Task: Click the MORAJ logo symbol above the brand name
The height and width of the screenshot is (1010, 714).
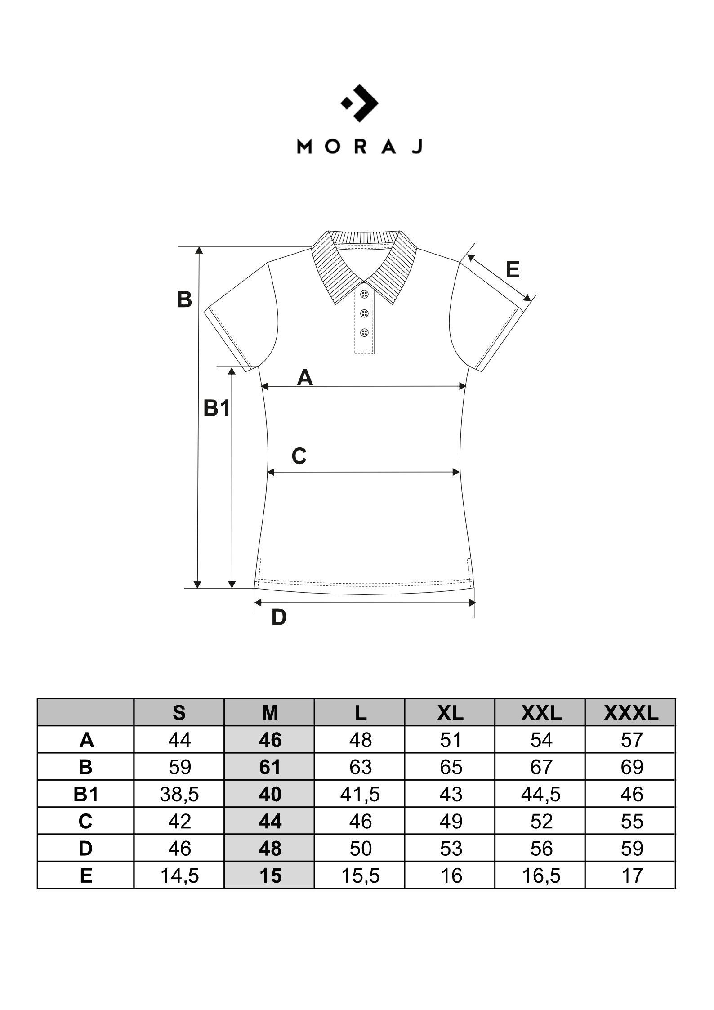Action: pos(359,103)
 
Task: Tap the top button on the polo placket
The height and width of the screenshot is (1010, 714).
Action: pos(364,294)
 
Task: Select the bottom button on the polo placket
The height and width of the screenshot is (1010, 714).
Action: pos(364,333)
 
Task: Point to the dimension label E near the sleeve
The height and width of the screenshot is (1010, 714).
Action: pos(513,270)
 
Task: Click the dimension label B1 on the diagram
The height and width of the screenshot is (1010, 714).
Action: pos(217,408)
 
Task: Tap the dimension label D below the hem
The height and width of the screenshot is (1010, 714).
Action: pos(279,618)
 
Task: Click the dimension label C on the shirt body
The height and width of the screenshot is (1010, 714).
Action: pos(299,456)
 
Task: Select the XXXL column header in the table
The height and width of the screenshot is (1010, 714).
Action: pos(631,713)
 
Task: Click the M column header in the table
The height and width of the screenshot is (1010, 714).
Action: pos(270,713)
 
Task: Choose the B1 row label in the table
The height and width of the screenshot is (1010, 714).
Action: pos(85,795)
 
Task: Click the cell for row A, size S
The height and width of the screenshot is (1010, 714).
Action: pos(179,740)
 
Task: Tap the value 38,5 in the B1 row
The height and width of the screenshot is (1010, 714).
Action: pos(179,795)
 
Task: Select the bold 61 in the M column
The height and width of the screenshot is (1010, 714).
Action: pos(270,767)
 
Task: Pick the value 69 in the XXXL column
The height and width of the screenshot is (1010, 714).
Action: pos(631,767)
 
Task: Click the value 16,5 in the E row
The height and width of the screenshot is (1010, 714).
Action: pos(541,876)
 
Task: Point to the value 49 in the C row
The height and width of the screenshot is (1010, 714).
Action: pos(451,822)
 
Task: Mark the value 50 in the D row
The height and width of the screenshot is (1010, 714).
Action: pos(361,849)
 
